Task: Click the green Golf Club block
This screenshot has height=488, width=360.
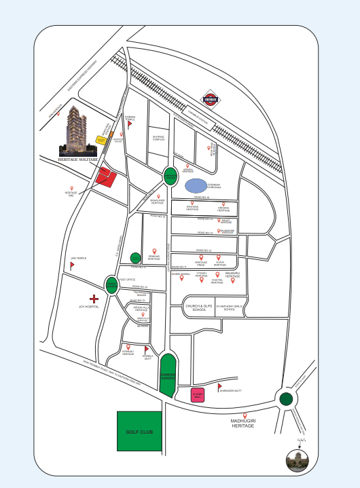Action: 140,431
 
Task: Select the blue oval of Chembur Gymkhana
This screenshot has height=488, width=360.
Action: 194,185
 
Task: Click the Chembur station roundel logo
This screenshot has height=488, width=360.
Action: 212,102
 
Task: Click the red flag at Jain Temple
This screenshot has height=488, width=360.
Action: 71,265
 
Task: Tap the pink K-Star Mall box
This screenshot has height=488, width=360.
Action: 198,396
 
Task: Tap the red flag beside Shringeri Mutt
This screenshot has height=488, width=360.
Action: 219,389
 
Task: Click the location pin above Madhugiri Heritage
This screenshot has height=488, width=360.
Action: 245,415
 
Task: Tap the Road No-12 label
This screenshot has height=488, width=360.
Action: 204,250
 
